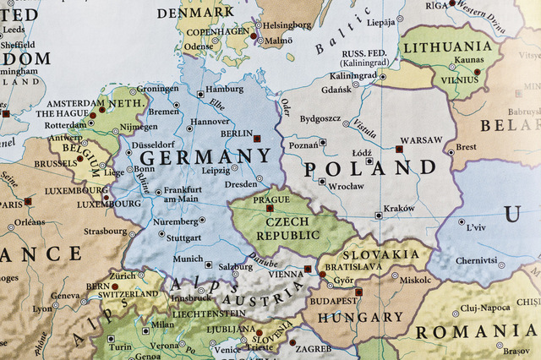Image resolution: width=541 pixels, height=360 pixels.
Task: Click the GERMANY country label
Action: pyautogui.click(x=205, y=157)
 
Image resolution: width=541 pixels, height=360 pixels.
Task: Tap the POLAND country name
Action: pyautogui.click(x=369, y=168)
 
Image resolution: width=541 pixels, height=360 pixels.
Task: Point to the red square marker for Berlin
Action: pyautogui.click(x=257, y=137)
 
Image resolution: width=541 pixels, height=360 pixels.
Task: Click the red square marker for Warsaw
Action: pyautogui.click(x=399, y=149)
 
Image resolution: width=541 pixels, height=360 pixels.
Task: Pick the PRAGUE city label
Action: pyautogui.click(x=270, y=199)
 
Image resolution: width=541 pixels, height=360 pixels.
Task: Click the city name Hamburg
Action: pyautogui.click(x=224, y=89)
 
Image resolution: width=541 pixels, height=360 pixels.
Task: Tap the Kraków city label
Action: pyautogui.click(x=399, y=208)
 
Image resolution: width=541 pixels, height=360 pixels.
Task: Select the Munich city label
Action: pyautogui.click(x=188, y=259)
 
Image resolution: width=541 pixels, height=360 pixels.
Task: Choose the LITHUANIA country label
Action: pyautogui.click(x=447, y=47)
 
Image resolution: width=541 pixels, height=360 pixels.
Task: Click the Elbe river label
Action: pyautogui.click(x=217, y=106)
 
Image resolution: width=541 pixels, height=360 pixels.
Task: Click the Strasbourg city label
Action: pyautogui.click(x=105, y=231)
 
